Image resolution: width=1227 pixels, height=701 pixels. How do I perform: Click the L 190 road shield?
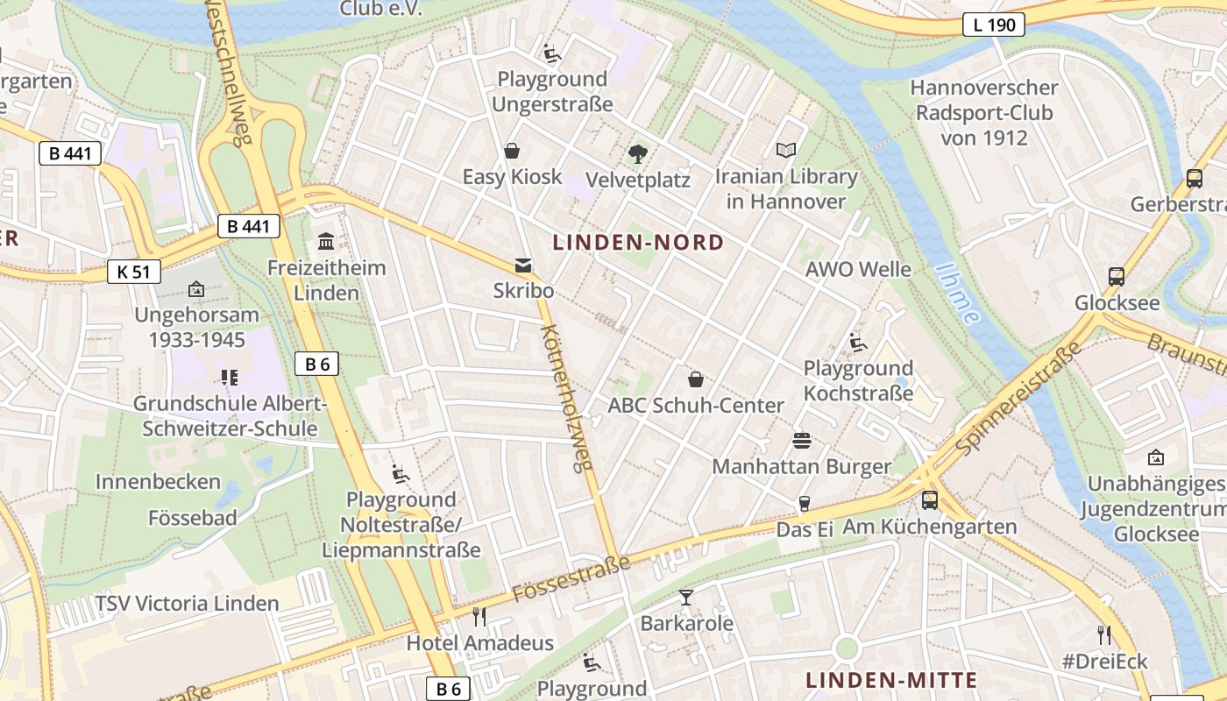coord(994,25)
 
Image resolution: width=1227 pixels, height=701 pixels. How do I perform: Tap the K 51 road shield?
coord(133,272)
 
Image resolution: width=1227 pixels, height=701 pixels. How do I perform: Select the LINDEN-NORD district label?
coord(639,243)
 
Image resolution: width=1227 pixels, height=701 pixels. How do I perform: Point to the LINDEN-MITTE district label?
coord(891,681)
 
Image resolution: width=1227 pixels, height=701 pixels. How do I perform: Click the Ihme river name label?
coord(957,294)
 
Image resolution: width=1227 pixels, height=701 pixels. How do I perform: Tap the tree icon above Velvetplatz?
coord(638,154)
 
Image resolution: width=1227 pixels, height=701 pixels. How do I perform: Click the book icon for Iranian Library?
coord(786,151)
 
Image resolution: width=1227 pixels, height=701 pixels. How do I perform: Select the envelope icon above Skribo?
coord(523,266)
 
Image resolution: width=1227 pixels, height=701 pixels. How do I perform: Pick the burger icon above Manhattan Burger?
coord(801,441)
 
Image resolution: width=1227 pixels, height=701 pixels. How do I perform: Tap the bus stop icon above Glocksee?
coord(1117,277)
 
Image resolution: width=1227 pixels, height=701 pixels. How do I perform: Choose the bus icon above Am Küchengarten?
coord(929,500)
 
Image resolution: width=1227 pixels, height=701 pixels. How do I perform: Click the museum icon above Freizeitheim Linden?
coord(326,241)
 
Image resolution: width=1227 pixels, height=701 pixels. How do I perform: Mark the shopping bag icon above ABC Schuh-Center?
coord(696,379)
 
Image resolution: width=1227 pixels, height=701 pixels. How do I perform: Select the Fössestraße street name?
coord(571,578)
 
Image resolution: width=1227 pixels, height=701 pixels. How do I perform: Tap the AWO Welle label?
coord(858,269)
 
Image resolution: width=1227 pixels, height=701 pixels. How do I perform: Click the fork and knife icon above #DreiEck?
coord(1103,634)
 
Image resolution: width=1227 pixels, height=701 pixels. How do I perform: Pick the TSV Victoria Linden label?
coord(187,604)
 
